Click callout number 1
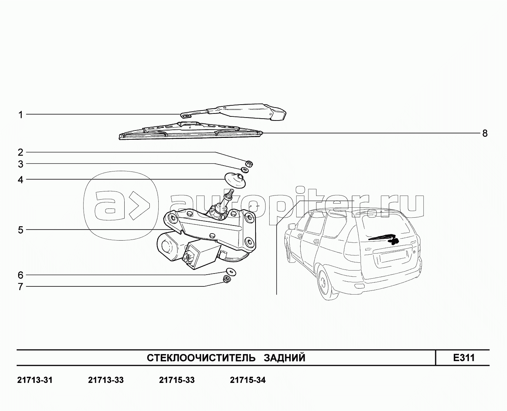point(21,115)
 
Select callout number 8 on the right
point(485,133)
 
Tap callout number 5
point(21,230)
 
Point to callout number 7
point(21,286)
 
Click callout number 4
point(21,180)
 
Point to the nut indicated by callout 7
point(226,279)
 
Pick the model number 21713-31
point(35,380)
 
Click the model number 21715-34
point(247,380)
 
